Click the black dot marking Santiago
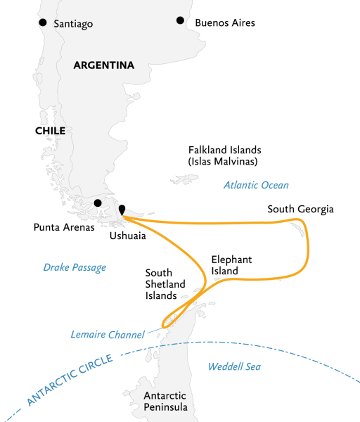coord(43,23)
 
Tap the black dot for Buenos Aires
coord(180,21)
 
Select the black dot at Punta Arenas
coord(98,203)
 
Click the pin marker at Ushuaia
coord(122,210)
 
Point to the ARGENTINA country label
coord(103,65)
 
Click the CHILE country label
coord(46,131)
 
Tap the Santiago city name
coord(72,24)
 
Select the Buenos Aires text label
coord(225,23)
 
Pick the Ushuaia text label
coord(128,236)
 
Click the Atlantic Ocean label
coord(256,186)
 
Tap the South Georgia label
coord(300,210)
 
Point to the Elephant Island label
coord(231,265)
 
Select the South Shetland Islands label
coord(165,284)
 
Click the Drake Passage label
coord(75,267)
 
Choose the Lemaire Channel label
coord(107,334)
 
